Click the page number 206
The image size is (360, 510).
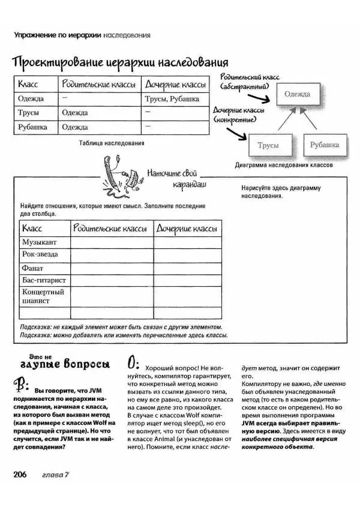22,475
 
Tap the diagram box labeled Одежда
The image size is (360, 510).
297,95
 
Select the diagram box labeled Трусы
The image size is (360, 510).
268,145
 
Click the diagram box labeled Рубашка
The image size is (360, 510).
325,145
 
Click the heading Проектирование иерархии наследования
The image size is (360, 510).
120,62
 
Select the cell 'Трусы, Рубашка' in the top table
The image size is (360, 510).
172,98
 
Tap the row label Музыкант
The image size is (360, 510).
40,242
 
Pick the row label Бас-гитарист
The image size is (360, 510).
44,280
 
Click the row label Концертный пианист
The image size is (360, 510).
43,296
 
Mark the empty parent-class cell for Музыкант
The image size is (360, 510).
112,242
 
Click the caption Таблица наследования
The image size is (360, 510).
110,144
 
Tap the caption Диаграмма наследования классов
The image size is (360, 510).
284,164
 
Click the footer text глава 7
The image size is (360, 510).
56,475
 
